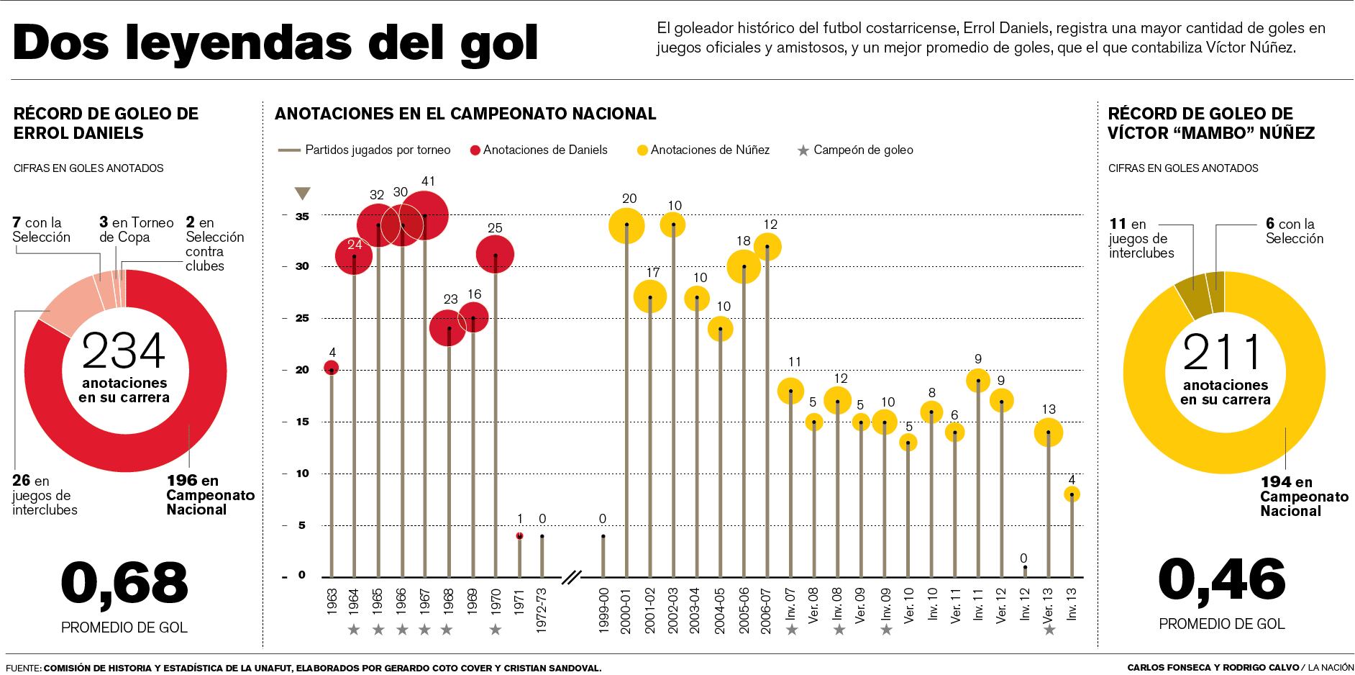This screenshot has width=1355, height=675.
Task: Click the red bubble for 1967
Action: click(425, 215)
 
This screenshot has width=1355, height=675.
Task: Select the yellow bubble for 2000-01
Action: click(626, 225)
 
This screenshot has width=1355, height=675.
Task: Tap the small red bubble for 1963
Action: click(331, 369)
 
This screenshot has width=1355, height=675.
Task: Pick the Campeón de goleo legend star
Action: click(803, 150)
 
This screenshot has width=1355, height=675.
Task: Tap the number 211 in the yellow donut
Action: click(1223, 352)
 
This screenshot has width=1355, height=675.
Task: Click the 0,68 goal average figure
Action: click(124, 582)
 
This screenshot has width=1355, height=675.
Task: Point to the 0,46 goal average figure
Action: click(1222, 580)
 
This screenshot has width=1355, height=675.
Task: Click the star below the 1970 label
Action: click(495, 630)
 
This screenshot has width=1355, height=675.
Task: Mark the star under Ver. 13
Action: click(1049, 630)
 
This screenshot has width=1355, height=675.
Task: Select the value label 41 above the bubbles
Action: click(429, 181)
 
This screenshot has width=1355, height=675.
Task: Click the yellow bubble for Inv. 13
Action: click(1072, 494)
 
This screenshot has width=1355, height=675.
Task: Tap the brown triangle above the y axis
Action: click(302, 193)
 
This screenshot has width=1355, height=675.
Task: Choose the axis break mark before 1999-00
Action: click(572, 576)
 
